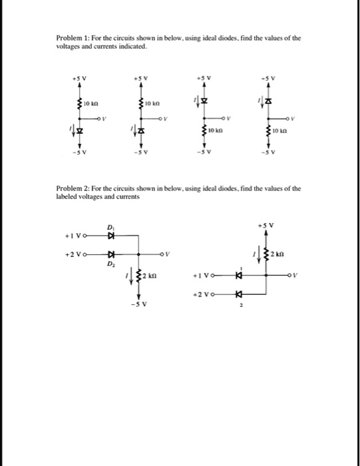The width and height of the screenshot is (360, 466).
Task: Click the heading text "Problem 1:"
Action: pyautogui.click(x=75, y=39)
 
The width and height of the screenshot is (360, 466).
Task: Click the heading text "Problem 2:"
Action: pyautogui.click(x=75, y=189)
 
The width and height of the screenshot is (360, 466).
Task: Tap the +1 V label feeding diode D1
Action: pyautogui.click(x=75, y=236)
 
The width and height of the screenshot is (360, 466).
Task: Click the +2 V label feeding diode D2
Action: pyautogui.click(x=75, y=254)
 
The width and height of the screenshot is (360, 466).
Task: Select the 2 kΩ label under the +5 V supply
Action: pyautogui.click(x=282, y=255)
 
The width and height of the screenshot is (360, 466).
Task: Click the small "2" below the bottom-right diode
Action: pyautogui.click(x=243, y=307)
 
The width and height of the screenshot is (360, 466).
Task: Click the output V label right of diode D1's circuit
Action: pyautogui.click(x=169, y=254)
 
